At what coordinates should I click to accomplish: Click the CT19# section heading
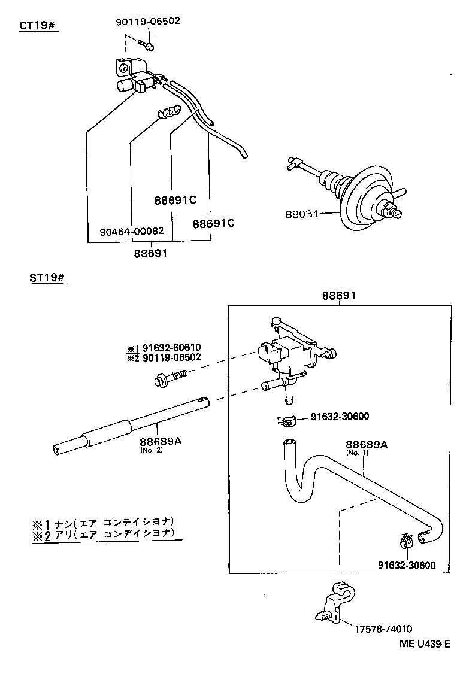38,27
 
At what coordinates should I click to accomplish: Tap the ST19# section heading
47,279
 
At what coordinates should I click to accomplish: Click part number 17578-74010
383,629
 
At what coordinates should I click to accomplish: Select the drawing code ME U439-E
424,644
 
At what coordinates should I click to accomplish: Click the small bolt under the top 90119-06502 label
148,45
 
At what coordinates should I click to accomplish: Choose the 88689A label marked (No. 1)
366,445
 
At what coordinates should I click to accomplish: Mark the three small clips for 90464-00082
170,111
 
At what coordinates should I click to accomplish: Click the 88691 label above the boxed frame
339,296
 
